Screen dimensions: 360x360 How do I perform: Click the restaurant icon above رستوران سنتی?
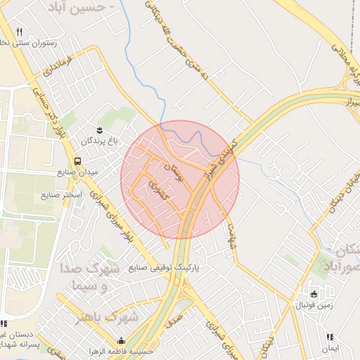[x=19, y=32]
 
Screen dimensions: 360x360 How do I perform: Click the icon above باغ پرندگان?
[x=99, y=129]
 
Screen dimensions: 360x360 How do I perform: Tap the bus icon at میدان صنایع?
[x=77, y=160]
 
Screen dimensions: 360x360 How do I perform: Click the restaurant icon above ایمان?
[x=330, y=337]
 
